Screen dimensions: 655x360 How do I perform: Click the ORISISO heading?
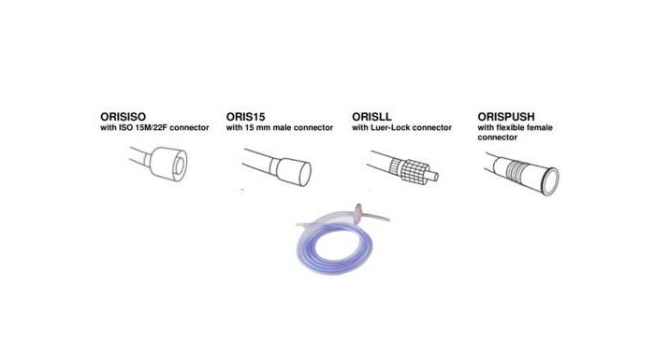coord(124,117)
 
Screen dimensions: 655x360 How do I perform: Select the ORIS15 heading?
coord(245,117)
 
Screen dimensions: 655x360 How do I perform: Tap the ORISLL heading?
coord(371,117)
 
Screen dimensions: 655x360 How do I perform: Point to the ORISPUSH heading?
coord(506,117)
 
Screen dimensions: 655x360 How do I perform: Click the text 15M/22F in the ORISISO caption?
coord(152,128)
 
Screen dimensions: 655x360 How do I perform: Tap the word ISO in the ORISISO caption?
coord(125,128)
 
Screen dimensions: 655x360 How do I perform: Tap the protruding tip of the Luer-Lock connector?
coord(433,176)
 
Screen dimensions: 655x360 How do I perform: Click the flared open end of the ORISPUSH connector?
coord(550,181)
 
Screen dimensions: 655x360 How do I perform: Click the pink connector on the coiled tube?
coord(358,213)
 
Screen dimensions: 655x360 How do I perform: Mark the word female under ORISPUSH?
coord(542,128)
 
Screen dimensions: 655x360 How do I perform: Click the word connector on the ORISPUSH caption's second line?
coord(497,137)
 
